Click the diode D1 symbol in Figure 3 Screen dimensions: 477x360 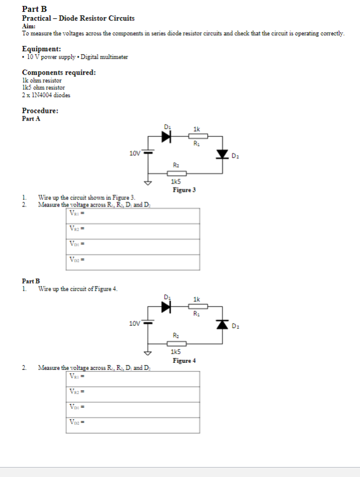point(166,136)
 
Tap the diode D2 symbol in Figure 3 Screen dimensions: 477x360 point(222,155)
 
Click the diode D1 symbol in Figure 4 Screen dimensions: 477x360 point(166,306)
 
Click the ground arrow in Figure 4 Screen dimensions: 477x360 point(149,353)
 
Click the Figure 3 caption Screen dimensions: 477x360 point(184,190)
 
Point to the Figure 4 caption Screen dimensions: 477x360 point(184,360)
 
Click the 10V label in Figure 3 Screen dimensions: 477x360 point(135,153)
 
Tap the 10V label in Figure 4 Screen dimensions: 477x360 point(135,323)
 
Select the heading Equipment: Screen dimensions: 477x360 point(41,49)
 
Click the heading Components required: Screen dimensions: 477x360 point(59,72)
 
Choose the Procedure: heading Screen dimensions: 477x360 point(40,111)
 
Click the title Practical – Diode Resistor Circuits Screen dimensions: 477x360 point(78,18)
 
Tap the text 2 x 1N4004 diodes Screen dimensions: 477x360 point(44,95)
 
